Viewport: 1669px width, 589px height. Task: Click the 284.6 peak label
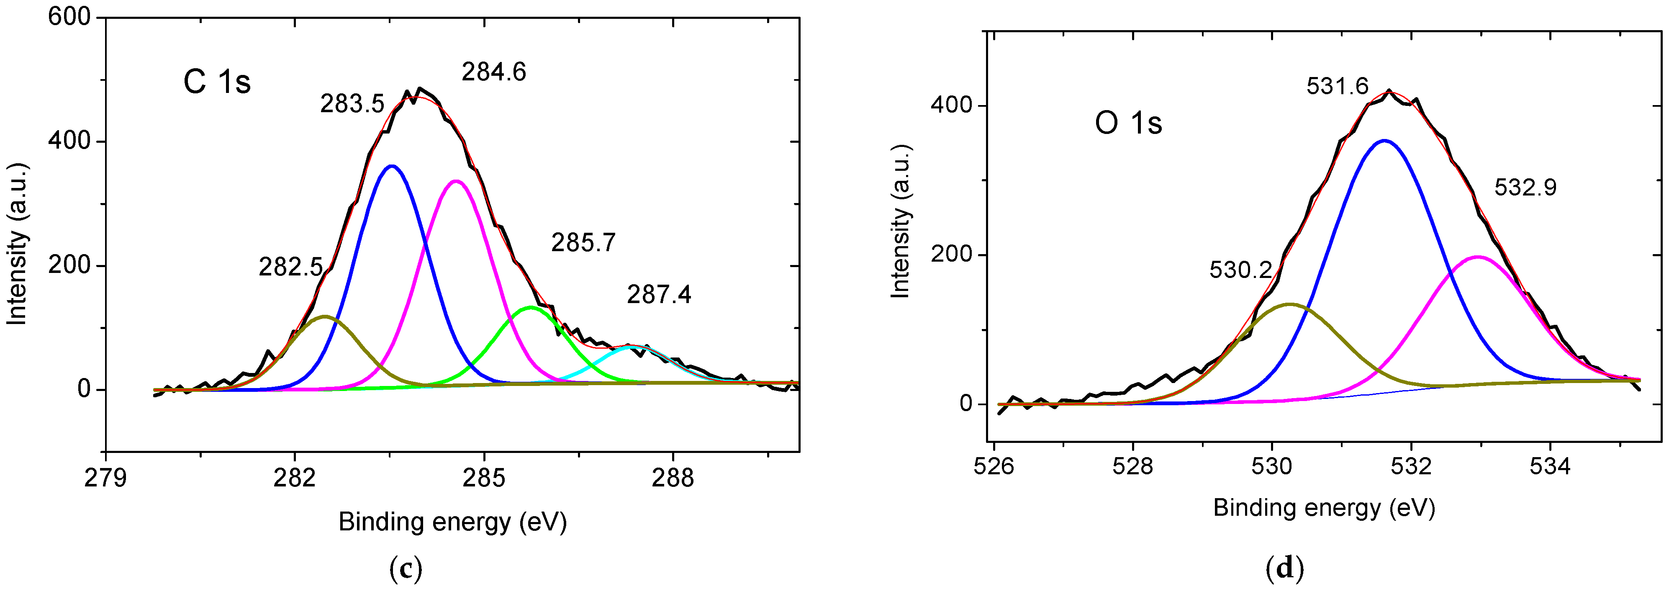pyautogui.click(x=494, y=72)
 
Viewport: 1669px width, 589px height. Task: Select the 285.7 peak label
pyautogui.click(x=583, y=243)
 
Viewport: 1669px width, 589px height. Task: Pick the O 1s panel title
pyautogui.click(x=1129, y=123)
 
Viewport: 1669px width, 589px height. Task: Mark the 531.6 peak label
pyautogui.click(x=1337, y=86)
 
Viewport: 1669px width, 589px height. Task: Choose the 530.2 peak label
pyautogui.click(x=1240, y=270)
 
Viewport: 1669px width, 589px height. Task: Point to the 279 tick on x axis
pyautogui.click(x=105, y=478)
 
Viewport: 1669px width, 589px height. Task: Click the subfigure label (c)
pyautogui.click(x=406, y=569)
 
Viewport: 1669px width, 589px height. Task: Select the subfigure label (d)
pyautogui.click(x=1284, y=569)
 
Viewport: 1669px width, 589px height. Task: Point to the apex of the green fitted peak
pyautogui.click(x=531, y=307)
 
